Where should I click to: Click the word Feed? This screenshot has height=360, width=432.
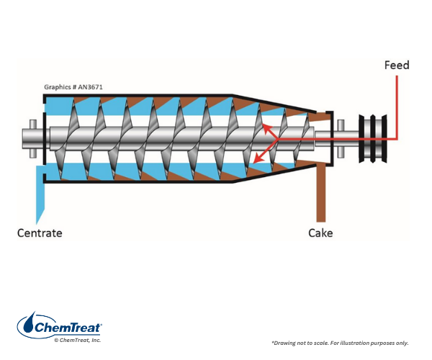396,66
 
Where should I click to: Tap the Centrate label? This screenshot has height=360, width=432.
40,233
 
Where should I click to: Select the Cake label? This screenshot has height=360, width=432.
320,233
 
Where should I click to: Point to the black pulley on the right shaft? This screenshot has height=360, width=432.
374,136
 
